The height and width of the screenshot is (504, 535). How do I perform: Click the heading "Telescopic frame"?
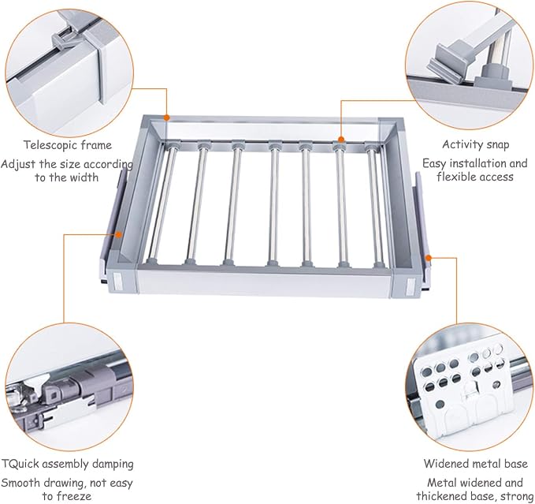click(68, 145)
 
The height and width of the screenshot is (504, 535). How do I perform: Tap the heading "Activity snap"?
click(476, 144)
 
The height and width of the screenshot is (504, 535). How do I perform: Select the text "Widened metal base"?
click(476, 464)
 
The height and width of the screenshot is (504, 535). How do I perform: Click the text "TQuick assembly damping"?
click(67, 464)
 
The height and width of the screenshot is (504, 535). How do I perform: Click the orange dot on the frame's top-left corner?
click(166, 118)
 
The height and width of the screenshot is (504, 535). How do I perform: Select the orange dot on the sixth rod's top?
click(340, 139)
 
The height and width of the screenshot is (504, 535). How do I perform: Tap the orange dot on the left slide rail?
click(118, 234)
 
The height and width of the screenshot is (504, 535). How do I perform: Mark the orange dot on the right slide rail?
click(428, 258)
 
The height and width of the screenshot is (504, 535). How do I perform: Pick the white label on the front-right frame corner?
click(411, 286)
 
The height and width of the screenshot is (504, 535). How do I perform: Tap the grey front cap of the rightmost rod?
click(378, 265)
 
